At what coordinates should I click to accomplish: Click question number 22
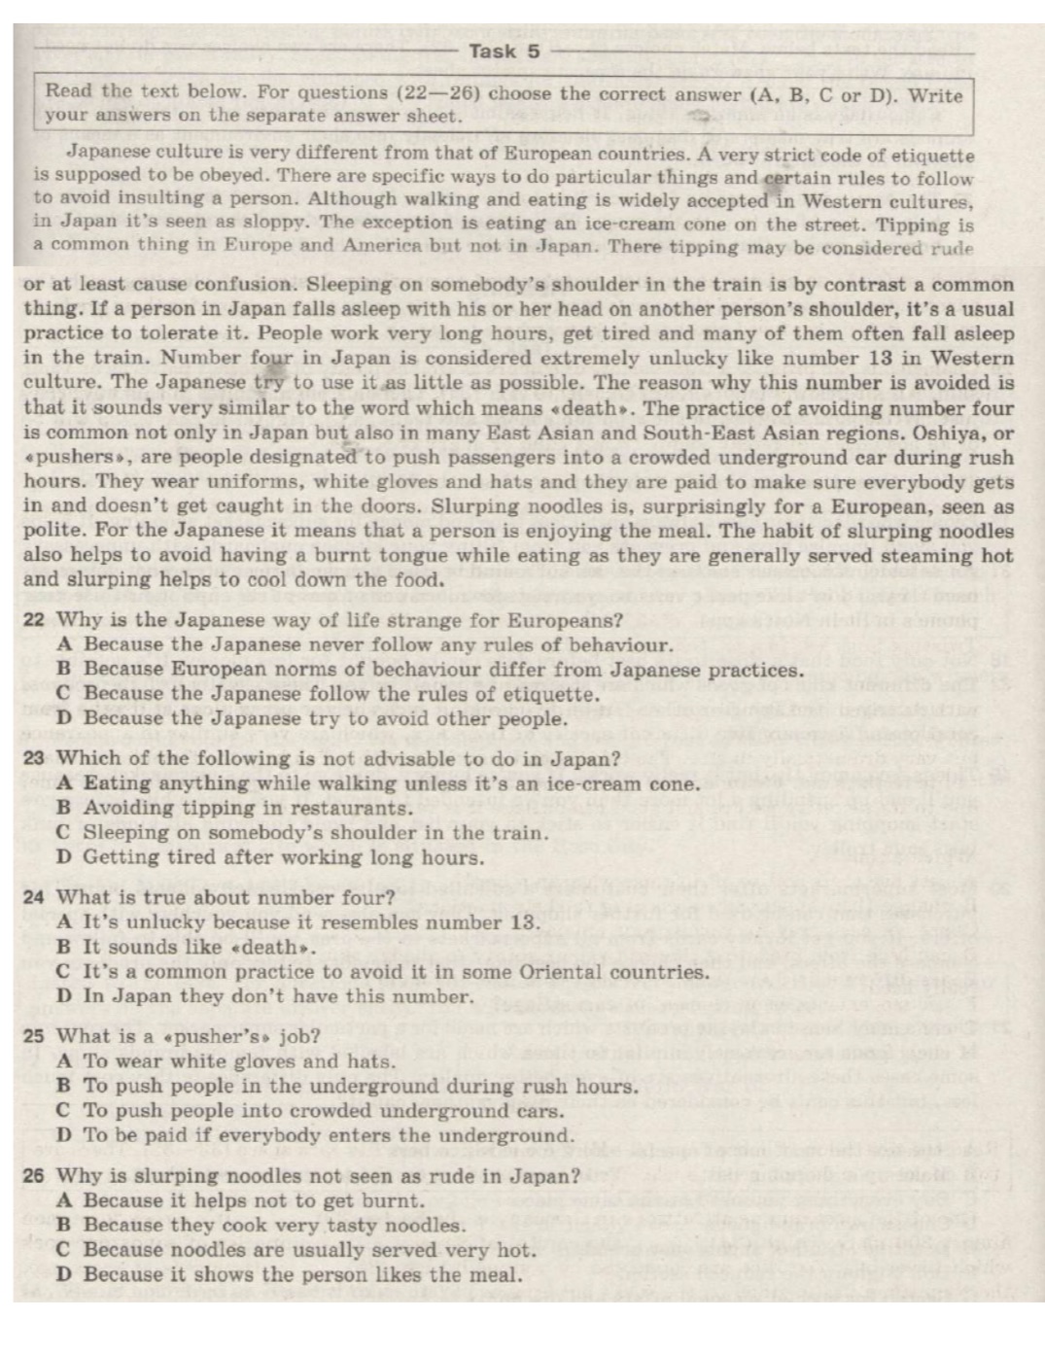pyautogui.click(x=34, y=620)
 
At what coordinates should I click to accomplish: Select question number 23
pyautogui.click(x=34, y=759)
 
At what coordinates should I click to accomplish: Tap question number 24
pyautogui.click(x=34, y=897)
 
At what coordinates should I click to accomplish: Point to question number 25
pyautogui.click(x=34, y=1036)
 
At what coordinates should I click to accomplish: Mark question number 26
pyautogui.click(x=34, y=1175)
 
